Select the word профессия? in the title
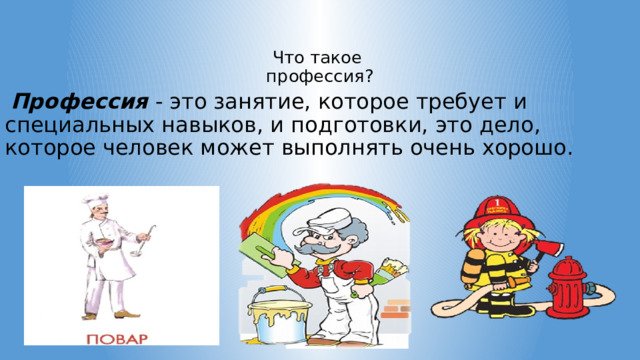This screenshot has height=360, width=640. click(x=320, y=75)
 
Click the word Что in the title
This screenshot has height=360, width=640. click(x=287, y=57)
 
